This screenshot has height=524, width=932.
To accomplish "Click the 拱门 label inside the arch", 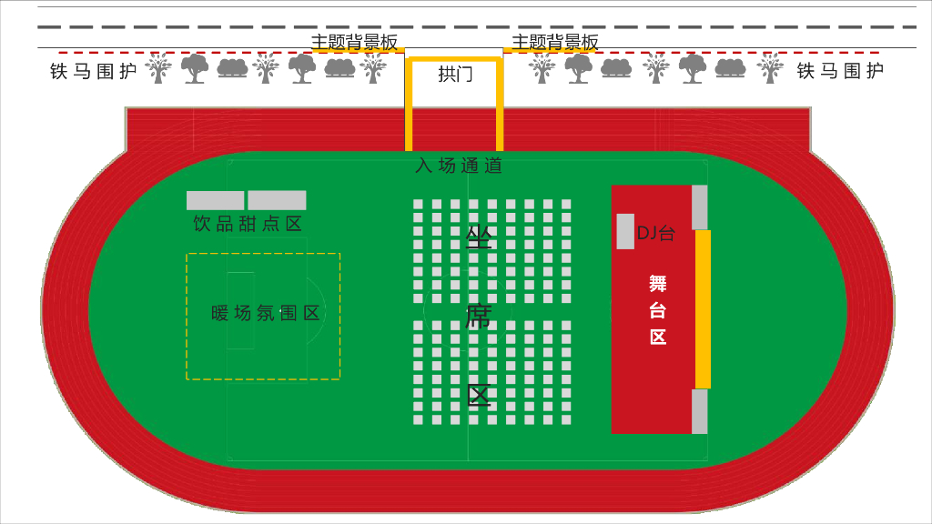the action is tap(455, 75).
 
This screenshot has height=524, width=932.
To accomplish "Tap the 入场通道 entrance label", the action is tap(459, 166).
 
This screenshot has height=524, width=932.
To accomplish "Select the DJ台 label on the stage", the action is tap(655, 233).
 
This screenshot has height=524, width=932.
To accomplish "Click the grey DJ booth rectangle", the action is tap(625, 231).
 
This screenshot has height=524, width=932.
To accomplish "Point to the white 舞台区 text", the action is tap(658, 309).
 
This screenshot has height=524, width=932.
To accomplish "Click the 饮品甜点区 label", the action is tap(248, 224).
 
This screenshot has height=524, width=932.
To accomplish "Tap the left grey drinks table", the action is tap(216, 200).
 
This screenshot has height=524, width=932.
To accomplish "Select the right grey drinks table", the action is tap(277, 200).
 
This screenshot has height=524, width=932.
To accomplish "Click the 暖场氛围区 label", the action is tap(266, 314).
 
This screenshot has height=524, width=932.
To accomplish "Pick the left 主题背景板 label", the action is tap(355, 42).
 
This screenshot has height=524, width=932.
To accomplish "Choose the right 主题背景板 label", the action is tap(555, 42).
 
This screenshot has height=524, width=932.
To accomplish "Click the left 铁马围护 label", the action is tap(94, 71).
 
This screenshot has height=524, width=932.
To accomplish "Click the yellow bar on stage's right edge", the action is tap(703, 309).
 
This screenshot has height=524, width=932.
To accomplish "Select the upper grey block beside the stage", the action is tap(699, 207).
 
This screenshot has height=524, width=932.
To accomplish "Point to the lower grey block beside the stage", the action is tap(699, 411).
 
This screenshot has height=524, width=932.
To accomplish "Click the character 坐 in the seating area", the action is tap(479, 238).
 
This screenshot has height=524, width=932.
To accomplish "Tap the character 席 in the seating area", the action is tap(479, 317).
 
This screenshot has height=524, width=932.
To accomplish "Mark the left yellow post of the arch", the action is tap(410, 105).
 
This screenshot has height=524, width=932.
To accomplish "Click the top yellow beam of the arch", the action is tap(455, 60).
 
